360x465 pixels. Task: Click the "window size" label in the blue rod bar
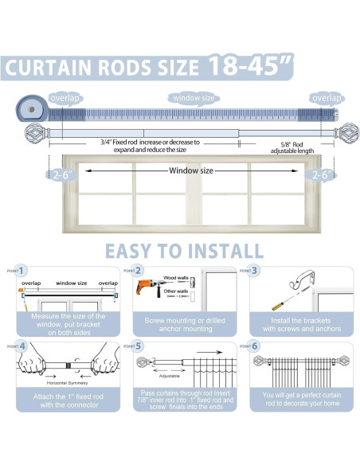point(193,98)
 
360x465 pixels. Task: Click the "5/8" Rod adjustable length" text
point(273,147)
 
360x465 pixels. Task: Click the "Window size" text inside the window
point(191,170)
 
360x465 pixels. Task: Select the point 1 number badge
point(22,271)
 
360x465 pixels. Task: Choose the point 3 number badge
point(255,271)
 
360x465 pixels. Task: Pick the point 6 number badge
point(255,347)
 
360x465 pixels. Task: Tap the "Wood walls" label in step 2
point(177,279)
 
